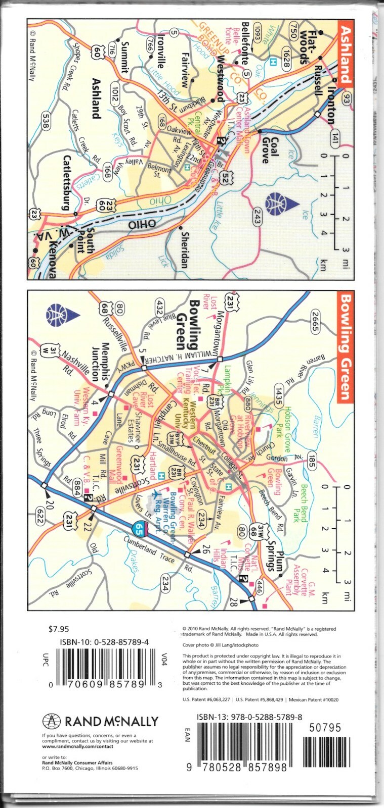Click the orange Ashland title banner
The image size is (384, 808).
pyautogui.click(x=345, y=52)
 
